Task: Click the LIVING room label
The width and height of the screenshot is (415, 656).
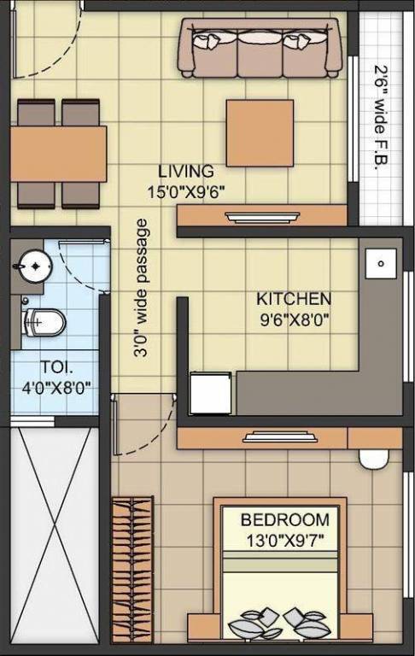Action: pyautogui.click(x=186, y=172)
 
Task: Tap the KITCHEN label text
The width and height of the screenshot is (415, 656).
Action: pyautogui.click(x=294, y=300)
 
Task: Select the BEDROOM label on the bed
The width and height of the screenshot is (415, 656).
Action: pyautogui.click(x=284, y=519)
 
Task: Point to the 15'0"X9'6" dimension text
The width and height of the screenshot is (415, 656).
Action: pyautogui.click(x=186, y=191)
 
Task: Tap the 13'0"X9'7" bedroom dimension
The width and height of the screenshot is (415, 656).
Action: pyautogui.click(x=284, y=539)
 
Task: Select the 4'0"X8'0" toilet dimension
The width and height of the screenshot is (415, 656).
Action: pyautogui.click(x=56, y=387)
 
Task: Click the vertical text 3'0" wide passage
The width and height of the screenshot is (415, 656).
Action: pyautogui.click(x=143, y=287)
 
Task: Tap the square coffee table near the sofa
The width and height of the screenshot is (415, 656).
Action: pyautogui.click(x=260, y=133)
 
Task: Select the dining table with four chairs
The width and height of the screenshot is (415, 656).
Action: pyautogui.click(x=58, y=154)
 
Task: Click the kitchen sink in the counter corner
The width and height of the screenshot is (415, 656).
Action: pyautogui.click(x=379, y=263)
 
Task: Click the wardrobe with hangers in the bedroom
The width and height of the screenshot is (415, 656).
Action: pyautogui.click(x=132, y=567)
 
